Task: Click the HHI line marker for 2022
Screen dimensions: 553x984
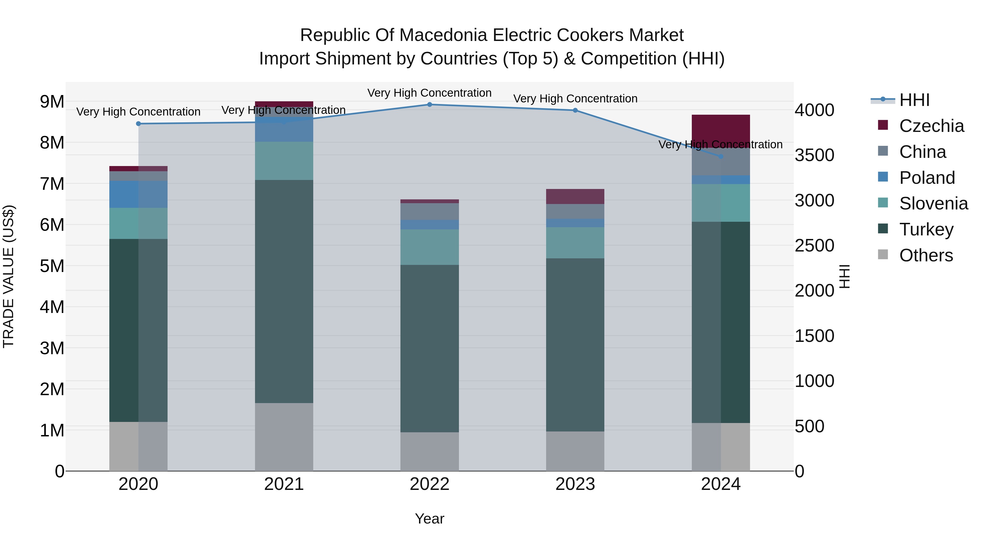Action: pos(429,105)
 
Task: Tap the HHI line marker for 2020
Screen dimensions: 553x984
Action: pos(138,124)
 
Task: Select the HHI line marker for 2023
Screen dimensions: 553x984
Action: pos(575,110)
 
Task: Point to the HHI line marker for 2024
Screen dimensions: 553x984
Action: pos(721,156)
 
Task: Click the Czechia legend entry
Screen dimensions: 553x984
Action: pos(931,126)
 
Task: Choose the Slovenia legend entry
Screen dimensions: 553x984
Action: pos(933,203)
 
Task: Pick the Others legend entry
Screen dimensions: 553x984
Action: pos(926,255)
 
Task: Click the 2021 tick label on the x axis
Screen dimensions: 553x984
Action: pos(284,484)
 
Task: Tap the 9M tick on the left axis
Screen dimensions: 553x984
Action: pos(52,102)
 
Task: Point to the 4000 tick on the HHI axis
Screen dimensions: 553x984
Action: pos(815,110)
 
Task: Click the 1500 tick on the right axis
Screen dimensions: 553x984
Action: pos(815,336)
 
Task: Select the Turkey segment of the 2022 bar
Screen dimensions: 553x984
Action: pos(429,348)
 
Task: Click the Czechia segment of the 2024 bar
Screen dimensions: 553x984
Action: pos(721,131)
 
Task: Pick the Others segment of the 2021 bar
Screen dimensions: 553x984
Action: pos(284,437)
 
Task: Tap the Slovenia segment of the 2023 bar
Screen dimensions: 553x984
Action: pos(575,243)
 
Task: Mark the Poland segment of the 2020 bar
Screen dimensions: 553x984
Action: pos(138,194)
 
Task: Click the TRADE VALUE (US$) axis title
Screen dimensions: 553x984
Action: pos(8,276)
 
